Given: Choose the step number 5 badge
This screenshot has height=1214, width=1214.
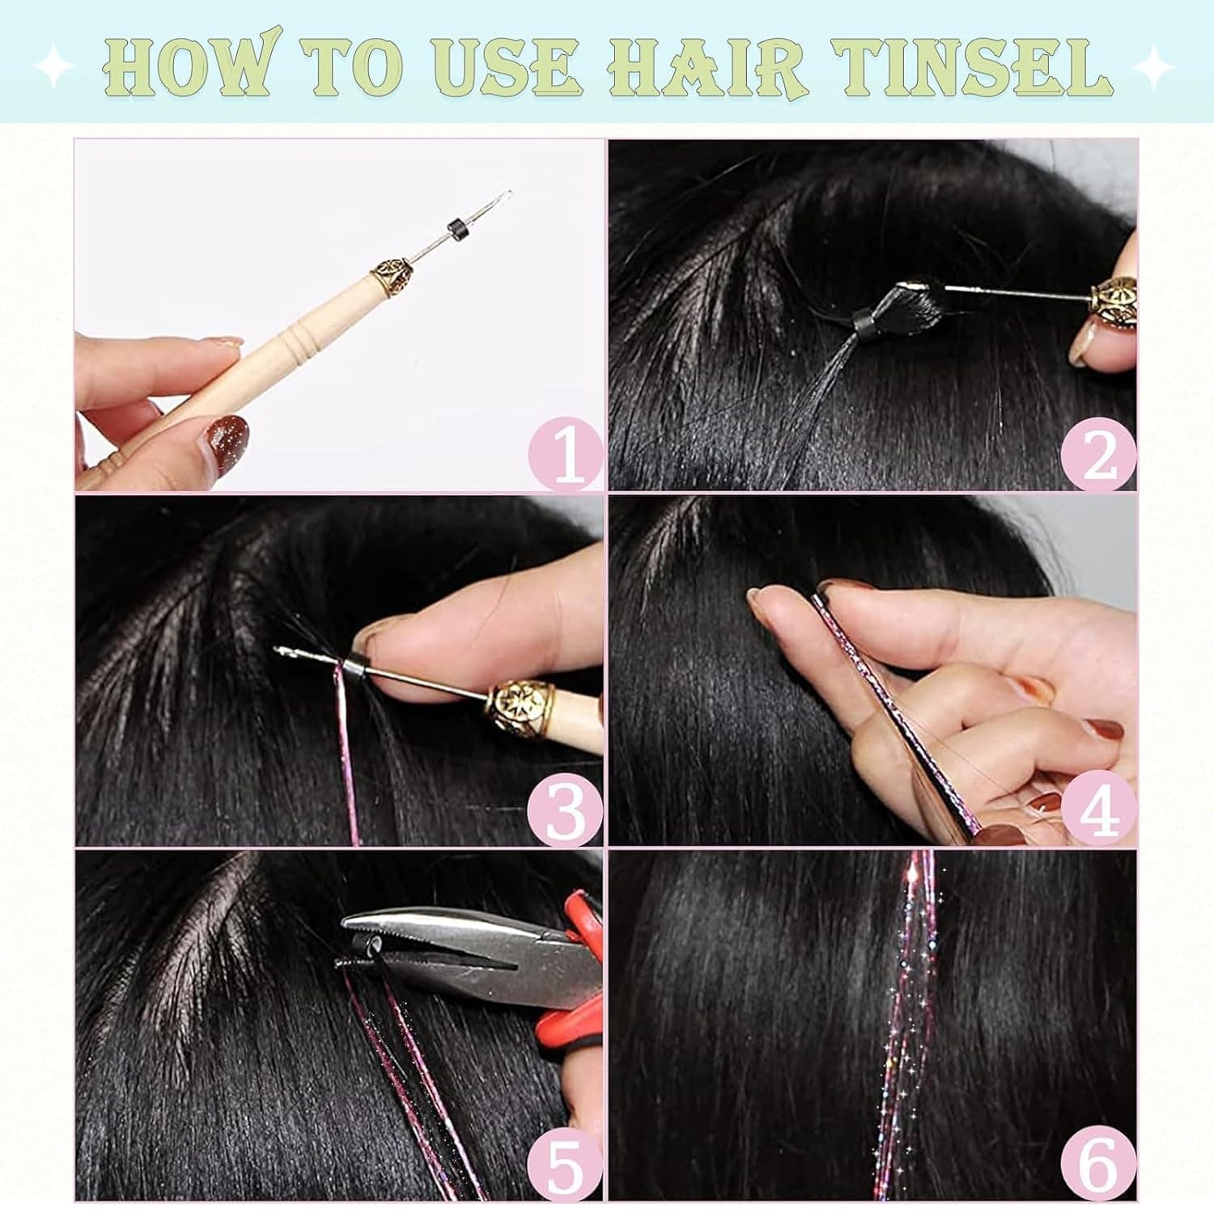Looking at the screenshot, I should (566, 1165).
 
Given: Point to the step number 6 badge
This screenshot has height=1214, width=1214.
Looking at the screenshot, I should (1098, 1165).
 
